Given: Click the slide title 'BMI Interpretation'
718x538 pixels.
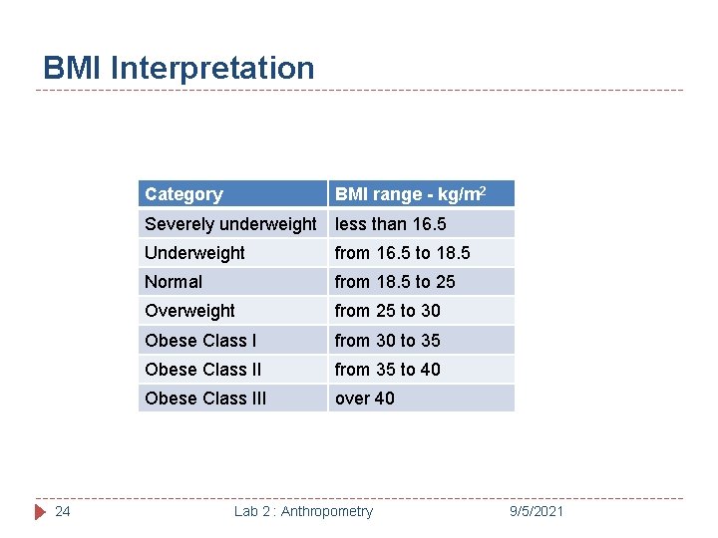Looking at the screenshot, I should point(179,68).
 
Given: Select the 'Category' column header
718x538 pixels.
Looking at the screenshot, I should point(183,194).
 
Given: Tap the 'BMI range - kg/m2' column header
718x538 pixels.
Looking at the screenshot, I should point(410,193).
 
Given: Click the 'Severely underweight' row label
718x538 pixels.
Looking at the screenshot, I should point(230,224).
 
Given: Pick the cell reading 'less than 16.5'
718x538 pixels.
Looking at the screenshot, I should point(390,224).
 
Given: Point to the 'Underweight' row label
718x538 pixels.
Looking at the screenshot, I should point(194,253).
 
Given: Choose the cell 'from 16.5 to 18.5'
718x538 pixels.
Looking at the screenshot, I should point(402,253).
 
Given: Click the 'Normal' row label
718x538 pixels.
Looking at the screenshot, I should point(174,282).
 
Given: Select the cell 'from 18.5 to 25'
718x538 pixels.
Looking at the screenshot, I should point(395,282).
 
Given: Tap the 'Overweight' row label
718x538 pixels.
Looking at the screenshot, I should point(189,311).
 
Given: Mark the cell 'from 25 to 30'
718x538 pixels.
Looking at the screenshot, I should point(387,311).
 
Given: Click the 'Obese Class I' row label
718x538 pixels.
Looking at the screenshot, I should point(200,341).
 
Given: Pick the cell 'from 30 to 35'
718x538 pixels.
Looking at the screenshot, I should point(387,341).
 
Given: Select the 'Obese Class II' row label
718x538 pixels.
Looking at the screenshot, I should point(202,370).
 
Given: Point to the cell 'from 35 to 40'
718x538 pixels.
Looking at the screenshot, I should point(387,370).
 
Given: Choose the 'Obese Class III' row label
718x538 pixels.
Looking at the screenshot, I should point(205,399).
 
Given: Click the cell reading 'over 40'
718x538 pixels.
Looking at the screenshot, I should point(364,399).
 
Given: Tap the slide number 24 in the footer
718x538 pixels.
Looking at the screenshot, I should point(62,511).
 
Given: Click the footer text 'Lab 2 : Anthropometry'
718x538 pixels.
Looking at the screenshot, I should point(303,511).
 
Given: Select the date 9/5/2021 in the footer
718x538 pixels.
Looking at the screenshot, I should point(535,511).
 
